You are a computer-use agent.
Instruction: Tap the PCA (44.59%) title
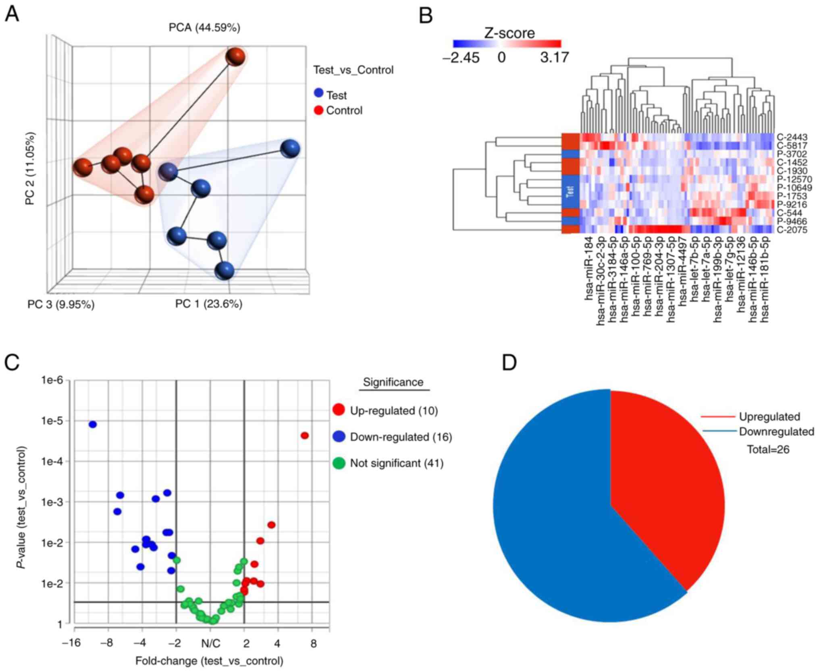tap(204, 27)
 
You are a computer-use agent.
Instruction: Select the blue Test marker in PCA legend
tap(318, 93)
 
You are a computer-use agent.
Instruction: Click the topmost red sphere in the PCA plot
tap(235, 56)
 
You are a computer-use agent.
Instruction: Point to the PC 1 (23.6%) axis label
tap(208, 303)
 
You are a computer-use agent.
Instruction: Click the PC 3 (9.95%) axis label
tap(61, 304)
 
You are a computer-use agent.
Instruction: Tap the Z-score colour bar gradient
tap(507, 44)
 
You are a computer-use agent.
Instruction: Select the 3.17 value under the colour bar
tap(554, 58)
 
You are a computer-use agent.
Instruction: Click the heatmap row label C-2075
tap(792, 230)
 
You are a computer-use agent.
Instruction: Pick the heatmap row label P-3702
tap(792, 154)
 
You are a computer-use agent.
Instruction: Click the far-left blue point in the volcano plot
tap(93, 424)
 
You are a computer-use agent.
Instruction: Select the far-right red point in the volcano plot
tap(305, 436)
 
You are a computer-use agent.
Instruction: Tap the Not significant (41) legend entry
tap(396, 463)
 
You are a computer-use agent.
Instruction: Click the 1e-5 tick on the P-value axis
tap(52, 421)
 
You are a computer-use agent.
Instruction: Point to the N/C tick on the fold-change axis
tap(210, 643)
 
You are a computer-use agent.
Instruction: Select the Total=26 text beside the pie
tap(768, 449)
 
